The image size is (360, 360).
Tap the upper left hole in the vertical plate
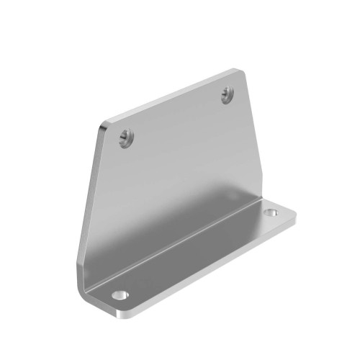pos(126,135)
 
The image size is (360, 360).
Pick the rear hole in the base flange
pos(271,213)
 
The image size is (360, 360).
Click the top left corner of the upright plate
pos(105,125)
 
